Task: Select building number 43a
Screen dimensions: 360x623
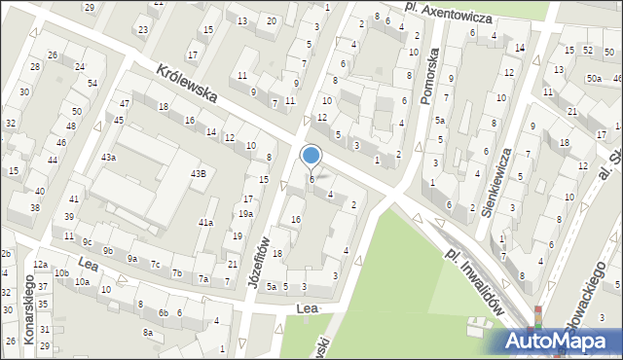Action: [109, 157]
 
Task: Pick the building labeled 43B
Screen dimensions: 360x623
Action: [198, 173]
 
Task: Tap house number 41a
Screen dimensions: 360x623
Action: [205, 223]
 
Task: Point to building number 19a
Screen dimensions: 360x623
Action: [246, 214]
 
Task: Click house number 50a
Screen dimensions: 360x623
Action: [593, 78]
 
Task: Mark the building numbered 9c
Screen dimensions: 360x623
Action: [87, 242]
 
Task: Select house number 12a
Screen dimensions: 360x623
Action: [40, 265]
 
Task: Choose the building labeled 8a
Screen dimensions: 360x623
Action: [148, 332]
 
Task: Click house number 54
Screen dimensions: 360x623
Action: [92, 83]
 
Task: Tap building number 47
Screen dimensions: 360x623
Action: [125, 103]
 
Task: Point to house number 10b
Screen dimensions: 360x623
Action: [61, 273]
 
